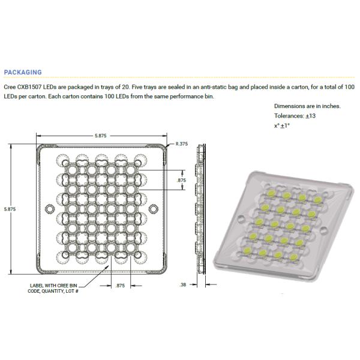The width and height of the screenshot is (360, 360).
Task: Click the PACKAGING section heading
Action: [22, 72]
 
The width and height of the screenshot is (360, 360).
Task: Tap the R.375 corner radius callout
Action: [181, 144]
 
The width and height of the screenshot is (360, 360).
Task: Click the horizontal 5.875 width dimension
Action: [100, 137]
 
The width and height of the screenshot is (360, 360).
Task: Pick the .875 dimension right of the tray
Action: [181, 179]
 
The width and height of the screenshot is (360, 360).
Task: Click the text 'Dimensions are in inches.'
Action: [307, 106]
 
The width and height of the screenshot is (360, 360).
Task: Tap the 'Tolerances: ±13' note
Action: [294, 116]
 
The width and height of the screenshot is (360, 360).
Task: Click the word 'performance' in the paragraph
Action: [179, 97]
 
